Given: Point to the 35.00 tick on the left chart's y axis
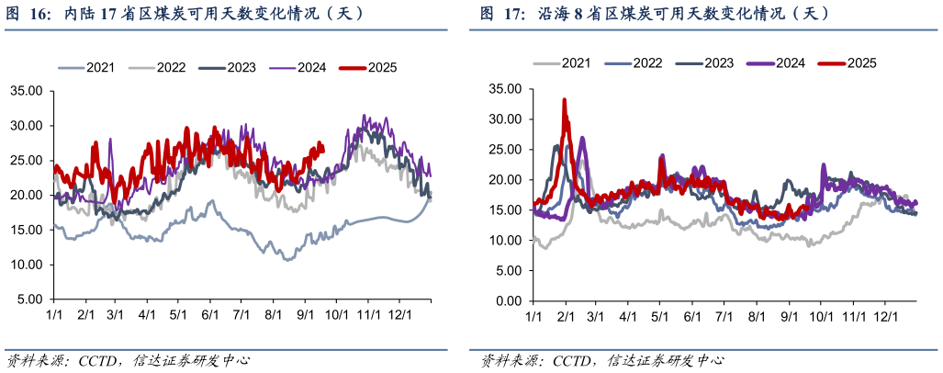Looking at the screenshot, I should (x=26, y=91).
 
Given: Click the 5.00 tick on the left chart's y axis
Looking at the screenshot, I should (x=29, y=300).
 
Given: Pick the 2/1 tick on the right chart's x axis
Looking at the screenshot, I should (x=564, y=317).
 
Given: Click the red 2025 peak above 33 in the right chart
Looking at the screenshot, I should (x=564, y=99).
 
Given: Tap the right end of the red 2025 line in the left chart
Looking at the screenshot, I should (x=322, y=144).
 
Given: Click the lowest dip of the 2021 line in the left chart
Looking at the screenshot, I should (x=288, y=260).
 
